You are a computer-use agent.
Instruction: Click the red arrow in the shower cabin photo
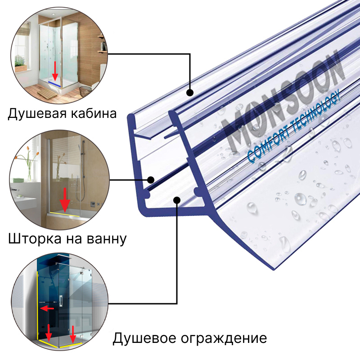coord(55,70)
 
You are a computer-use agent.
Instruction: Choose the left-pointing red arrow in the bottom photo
coord(46,309)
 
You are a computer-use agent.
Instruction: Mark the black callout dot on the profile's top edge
coord(190,93)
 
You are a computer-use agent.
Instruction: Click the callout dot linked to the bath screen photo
coord(151,180)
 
